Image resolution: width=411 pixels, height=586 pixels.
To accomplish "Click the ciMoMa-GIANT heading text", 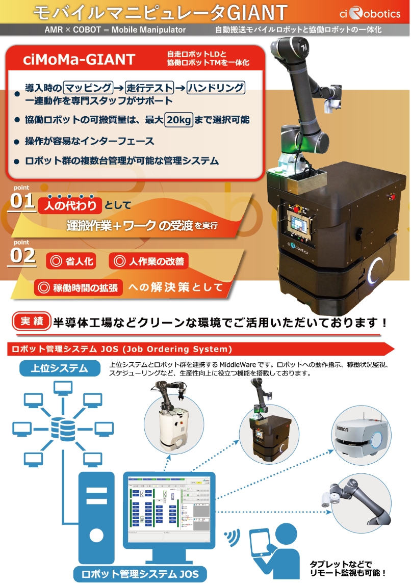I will click(79, 60).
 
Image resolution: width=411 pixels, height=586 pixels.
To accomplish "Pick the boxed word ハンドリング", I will click(216, 88).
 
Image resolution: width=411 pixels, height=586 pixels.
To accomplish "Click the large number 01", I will click(23, 201).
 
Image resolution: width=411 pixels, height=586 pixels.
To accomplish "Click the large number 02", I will click(23, 256).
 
